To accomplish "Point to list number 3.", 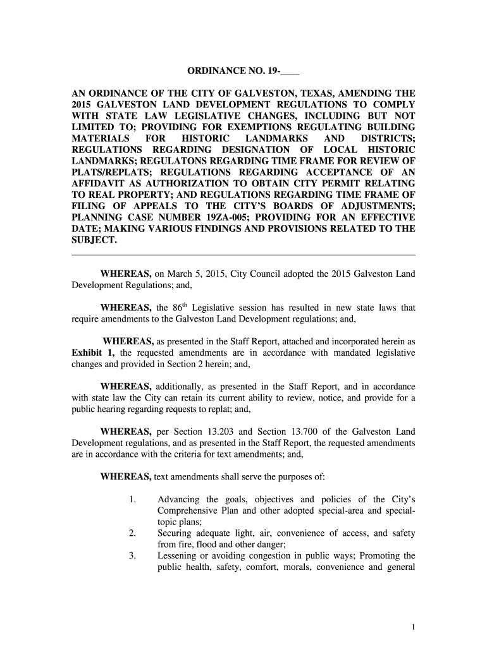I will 132,556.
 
